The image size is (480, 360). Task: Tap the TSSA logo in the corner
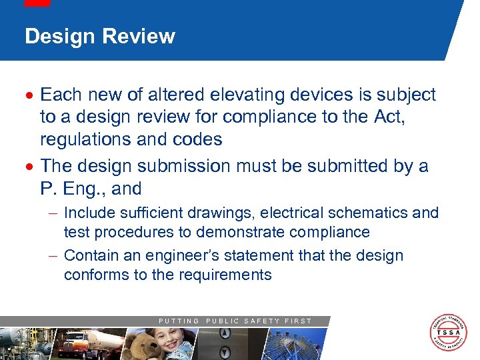point(447,332)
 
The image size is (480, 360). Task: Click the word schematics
point(370,213)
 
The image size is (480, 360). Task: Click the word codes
point(199,139)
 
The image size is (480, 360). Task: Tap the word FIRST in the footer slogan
point(298,321)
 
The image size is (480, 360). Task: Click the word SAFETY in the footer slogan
point(261,321)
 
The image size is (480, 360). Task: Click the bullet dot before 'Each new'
point(31,95)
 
